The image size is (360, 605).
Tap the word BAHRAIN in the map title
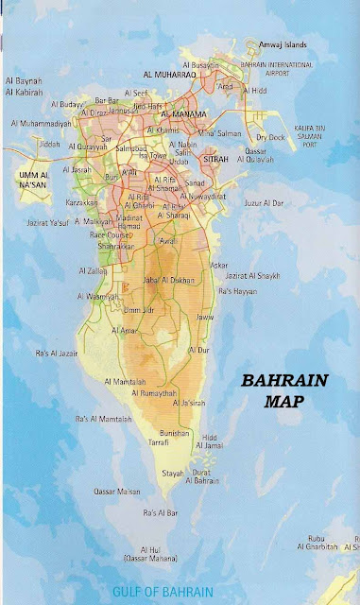(x=283, y=382)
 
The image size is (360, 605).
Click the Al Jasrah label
(x=79, y=170)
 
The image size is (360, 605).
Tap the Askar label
(x=218, y=265)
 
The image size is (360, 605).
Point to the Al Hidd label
(x=255, y=91)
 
